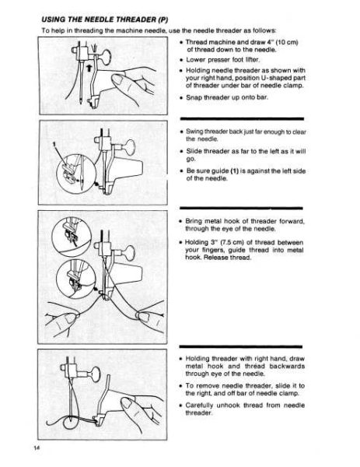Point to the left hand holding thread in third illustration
coord(58,321)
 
